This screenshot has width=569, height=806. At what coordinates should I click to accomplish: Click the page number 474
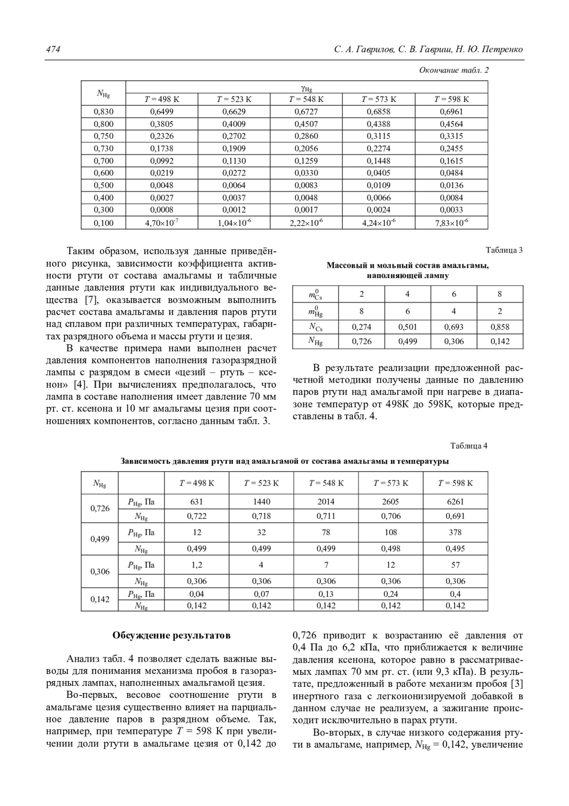(53, 49)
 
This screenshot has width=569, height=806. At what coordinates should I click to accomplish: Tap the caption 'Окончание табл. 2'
(454, 70)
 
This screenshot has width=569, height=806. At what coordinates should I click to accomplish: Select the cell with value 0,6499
(162, 112)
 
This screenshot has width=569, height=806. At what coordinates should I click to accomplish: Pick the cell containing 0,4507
(306, 124)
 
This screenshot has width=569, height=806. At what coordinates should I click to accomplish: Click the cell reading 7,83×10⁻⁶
(451, 223)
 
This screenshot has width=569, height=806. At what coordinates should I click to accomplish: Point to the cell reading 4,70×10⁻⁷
(162, 223)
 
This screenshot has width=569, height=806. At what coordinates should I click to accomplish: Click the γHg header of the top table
(306, 87)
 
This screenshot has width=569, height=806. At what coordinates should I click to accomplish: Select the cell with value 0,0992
(162, 161)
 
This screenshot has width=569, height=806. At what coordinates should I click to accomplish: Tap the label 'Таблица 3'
(504, 250)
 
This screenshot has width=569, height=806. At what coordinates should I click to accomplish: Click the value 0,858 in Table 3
(500, 327)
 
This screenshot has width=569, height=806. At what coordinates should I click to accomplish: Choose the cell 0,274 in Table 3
(361, 327)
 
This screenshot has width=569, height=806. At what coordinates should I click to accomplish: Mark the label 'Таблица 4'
(468, 446)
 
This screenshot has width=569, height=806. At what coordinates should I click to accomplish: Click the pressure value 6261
(455, 502)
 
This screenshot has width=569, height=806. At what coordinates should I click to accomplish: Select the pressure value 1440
(261, 502)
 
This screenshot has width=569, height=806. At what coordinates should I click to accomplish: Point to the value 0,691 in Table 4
(455, 516)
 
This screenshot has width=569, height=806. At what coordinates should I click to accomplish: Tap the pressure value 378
(455, 533)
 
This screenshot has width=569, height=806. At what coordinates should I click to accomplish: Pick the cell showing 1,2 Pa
(197, 565)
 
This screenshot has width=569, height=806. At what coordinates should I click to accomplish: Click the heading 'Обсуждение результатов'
(172, 635)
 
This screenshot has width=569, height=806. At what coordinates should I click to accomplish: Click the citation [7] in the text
(91, 300)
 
